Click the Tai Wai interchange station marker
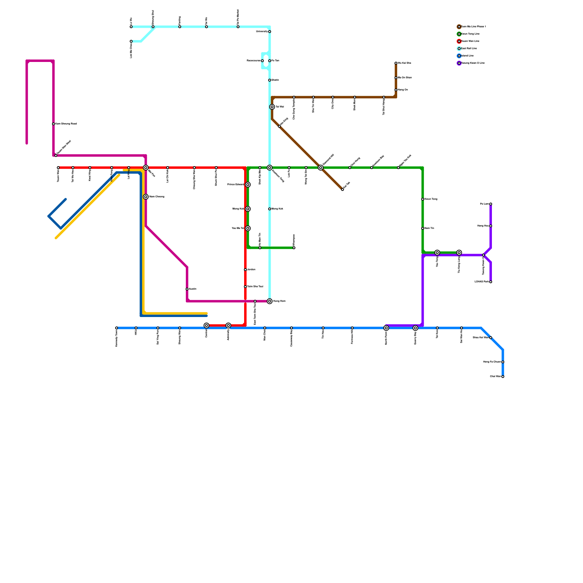click(x=272, y=107)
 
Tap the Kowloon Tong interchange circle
click(x=270, y=168)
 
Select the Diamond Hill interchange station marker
click(x=321, y=168)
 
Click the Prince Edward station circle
click(x=248, y=185)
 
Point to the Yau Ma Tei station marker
click(x=248, y=228)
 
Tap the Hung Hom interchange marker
click(x=270, y=301)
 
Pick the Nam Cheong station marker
click(x=146, y=197)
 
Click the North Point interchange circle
click(x=386, y=328)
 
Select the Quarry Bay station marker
click(x=415, y=328)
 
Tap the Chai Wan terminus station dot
click(x=503, y=376)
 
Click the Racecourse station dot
click(x=262, y=61)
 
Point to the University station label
click(x=262, y=32)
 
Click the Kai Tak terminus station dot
click(x=343, y=189)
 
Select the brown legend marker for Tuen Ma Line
click(x=459, y=27)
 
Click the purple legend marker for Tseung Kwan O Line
click(x=459, y=63)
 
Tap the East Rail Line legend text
click(x=469, y=48)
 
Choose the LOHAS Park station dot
click(x=491, y=282)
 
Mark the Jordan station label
click(x=251, y=270)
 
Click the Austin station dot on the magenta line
click(x=187, y=289)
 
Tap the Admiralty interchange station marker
click(x=228, y=325)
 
